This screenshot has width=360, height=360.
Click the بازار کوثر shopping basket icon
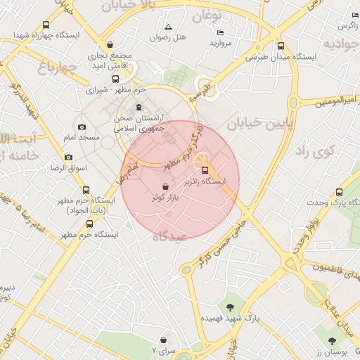[165, 187]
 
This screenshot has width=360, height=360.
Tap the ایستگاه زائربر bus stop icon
[205, 170]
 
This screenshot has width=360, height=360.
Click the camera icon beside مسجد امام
[82, 127]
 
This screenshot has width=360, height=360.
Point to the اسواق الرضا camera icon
[68, 157]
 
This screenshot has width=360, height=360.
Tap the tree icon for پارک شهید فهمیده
[230, 306]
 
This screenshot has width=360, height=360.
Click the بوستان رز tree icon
[332, 321]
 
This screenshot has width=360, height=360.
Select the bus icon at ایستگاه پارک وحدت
[340, 192]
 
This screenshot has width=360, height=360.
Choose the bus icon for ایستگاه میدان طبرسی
[280, 46]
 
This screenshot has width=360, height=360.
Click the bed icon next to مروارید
[220, 32]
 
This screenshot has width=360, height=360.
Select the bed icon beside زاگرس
[355, 15]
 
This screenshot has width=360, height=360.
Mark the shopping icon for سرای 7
[164, 340]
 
